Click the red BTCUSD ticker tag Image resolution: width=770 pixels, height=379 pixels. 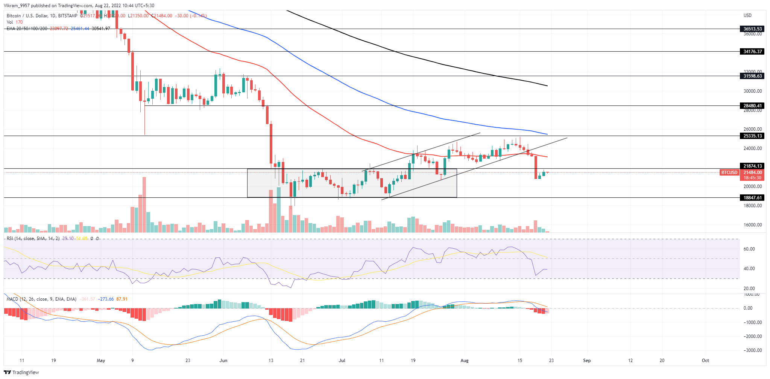pyautogui.click(x=729, y=173)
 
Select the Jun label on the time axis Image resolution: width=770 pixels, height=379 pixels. pyautogui.click(x=223, y=361)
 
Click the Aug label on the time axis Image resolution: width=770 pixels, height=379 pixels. pyautogui.click(x=465, y=361)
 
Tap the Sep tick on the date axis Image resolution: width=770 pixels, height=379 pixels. pyautogui.click(x=587, y=361)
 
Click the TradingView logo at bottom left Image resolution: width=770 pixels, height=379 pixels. pyautogui.click(x=21, y=372)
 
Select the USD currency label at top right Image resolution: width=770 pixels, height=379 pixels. pyautogui.click(x=747, y=15)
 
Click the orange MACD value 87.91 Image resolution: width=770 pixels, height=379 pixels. pyautogui.click(x=122, y=299)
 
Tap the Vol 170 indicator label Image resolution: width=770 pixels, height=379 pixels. pyautogui.click(x=15, y=22)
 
